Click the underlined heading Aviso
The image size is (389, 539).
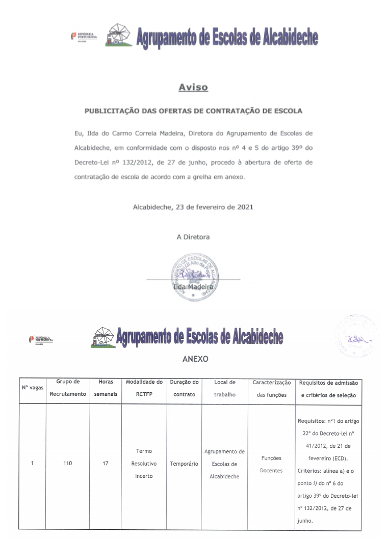(193, 87)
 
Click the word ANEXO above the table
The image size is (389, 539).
(195, 359)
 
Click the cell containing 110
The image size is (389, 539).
(67, 464)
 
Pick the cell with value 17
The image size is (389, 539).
(106, 464)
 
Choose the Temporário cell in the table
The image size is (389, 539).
(184, 464)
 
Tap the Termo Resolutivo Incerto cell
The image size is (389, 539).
(144, 464)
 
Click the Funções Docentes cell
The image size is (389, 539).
(271, 464)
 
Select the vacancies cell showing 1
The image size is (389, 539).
(32, 464)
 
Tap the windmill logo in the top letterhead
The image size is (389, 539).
(117, 35)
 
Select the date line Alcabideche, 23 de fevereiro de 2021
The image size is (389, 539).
(193, 207)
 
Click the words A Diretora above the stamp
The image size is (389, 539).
(193, 237)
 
